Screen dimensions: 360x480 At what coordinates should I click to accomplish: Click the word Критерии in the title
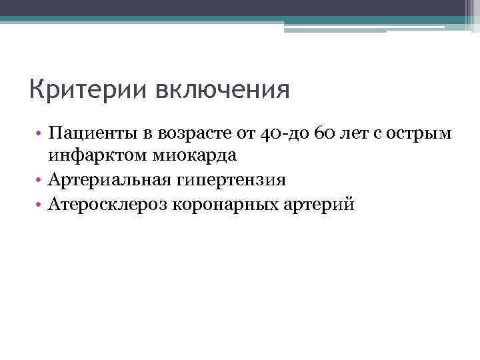[x=79, y=89]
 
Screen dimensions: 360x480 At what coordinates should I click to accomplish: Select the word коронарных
[x=223, y=204]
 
